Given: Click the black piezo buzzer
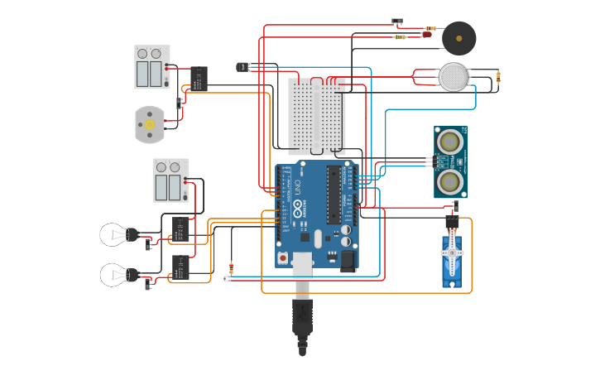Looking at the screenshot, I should click(458, 38).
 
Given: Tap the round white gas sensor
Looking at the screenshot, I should click(453, 77).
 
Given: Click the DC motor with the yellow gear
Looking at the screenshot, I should click(150, 124).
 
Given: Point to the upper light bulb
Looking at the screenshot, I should click(115, 234).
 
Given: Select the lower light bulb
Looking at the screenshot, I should click(115, 274).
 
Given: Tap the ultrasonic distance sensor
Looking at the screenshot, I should click(450, 162).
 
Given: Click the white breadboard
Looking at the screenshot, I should click(316, 116).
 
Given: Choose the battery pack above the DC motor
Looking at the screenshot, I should click(151, 67).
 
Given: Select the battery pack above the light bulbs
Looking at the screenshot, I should click(170, 180).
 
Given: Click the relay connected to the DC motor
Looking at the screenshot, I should click(199, 79).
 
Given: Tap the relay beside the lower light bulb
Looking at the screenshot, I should click(180, 267).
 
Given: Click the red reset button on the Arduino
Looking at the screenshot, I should click(283, 258).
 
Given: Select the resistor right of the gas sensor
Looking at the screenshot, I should click(498, 77).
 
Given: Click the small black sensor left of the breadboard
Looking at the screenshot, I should click(242, 66).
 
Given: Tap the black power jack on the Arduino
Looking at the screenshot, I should click(348, 261).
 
